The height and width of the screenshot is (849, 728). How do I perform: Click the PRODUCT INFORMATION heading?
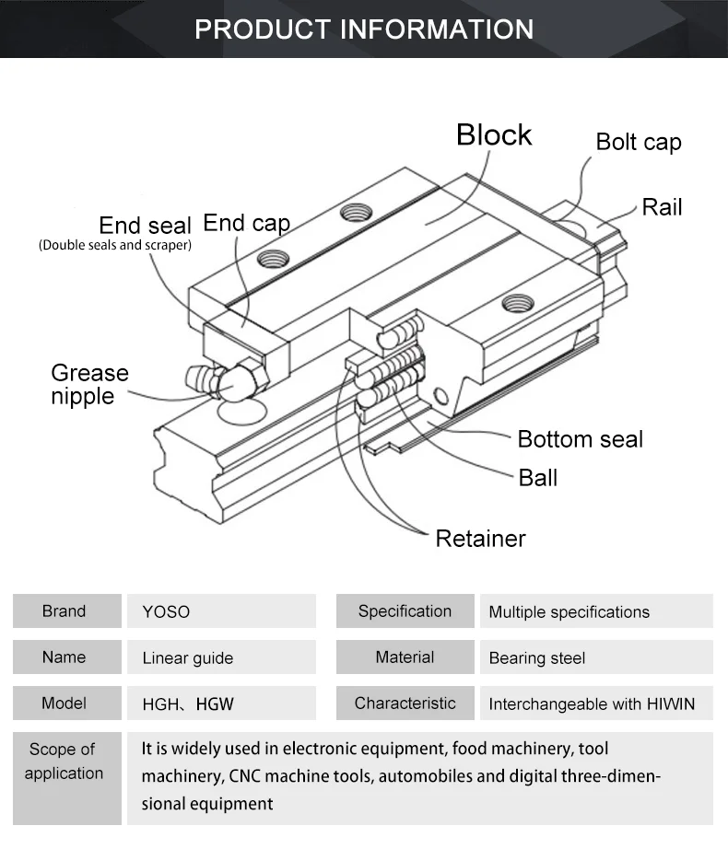pyautogui.click(x=364, y=29)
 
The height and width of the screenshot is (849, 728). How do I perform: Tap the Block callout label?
pyautogui.click(x=494, y=134)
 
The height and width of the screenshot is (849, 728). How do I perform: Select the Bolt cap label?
pyautogui.click(x=638, y=142)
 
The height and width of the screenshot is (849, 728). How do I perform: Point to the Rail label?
pyautogui.click(x=662, y=206)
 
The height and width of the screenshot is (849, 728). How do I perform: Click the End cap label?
pyautogui.click(x=246, y=223)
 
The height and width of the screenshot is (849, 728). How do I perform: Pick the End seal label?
pyautogui.click(x=145, y=226)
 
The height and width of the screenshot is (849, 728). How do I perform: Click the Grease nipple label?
pyautogui.click(x=89, y=385)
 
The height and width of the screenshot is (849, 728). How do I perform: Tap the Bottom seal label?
pyautogui.click(x=580, y=438)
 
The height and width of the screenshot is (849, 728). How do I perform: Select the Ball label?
pyautogui.click(x=537, y=478)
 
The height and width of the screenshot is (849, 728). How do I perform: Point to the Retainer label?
pyautogui.click(x=480, y=538)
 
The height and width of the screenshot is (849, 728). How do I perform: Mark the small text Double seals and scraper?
pyautogui.click(x=115, y=246)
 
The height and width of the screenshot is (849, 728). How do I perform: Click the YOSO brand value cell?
pyautogui.click(x=166, y=611)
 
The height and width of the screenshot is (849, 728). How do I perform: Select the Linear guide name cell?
pyautogui.click(x=188, y=658)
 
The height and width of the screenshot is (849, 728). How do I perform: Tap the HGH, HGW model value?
pyautogui.click(x=188, y=704)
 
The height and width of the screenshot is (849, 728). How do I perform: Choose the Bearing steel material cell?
pyautogui.click(x=536, y=658)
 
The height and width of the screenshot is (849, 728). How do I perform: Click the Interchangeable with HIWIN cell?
pyautogui.click(x=592, y=704)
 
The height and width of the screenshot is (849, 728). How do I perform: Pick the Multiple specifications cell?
pyautogui.click(x=569, y=612)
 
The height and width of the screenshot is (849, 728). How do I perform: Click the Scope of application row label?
pyautogui.click(x=64, y=762)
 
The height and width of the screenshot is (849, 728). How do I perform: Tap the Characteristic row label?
pyautogui.click(x=405, y=704)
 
